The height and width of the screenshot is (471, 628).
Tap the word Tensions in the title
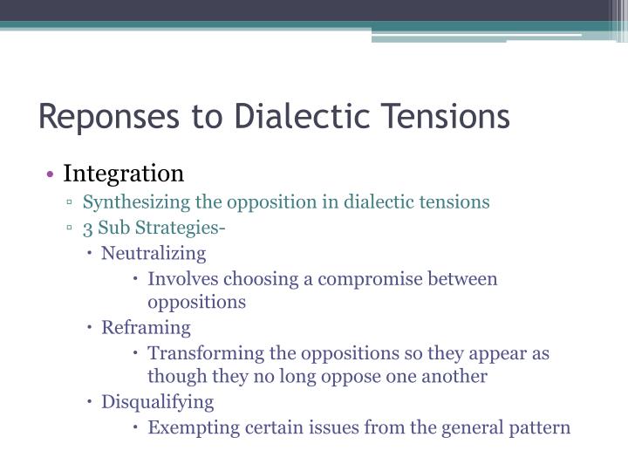coord(444,116)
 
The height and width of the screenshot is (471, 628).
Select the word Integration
coord(124,173)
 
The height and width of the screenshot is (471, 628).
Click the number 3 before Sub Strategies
coord(88,229)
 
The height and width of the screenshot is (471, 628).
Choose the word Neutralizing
coord(154,254)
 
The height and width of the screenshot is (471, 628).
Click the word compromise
coord(365,279)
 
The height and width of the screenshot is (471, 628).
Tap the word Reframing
coord(146,328)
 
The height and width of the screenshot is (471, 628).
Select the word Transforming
coord(197,353)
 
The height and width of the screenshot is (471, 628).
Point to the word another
coord(450,377)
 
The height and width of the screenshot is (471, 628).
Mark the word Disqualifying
coord(157,402)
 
